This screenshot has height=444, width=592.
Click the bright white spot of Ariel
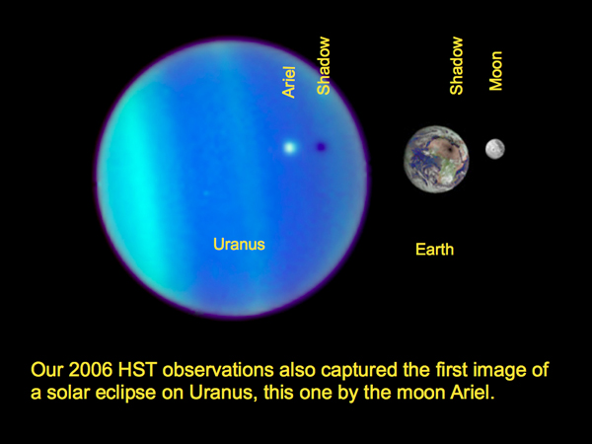click(289, 147)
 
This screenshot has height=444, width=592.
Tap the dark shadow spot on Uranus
click(321, 147)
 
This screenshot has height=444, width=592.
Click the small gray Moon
click(495, 149)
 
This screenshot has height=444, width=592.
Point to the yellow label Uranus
click(239, 244)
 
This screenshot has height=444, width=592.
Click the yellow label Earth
click(434, 250)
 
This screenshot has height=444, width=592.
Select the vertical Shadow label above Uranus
click(324, 66)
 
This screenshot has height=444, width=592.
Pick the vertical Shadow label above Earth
click(457, 66)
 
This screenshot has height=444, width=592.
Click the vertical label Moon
click(496, 71)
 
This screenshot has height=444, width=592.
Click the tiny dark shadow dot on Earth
click(452, 148)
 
